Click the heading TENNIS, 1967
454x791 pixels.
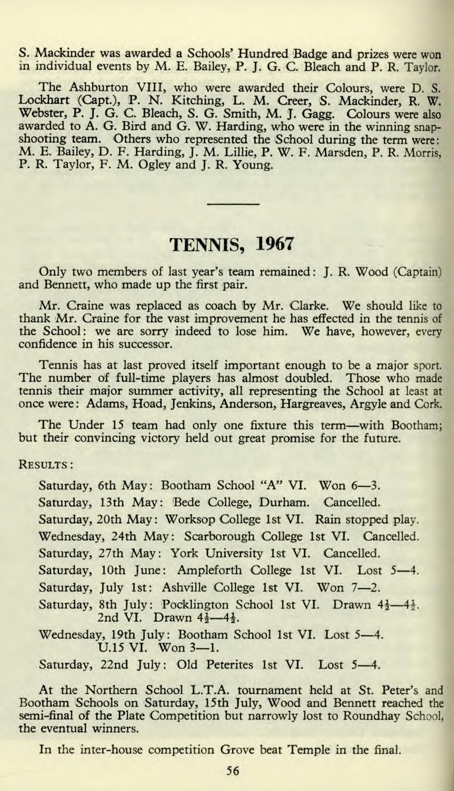[231, 245]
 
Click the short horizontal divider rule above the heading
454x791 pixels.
[233, 204]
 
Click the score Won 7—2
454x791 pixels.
[348, 587]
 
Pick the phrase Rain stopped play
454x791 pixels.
[367, 520]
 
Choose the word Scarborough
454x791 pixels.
[220, 537]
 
